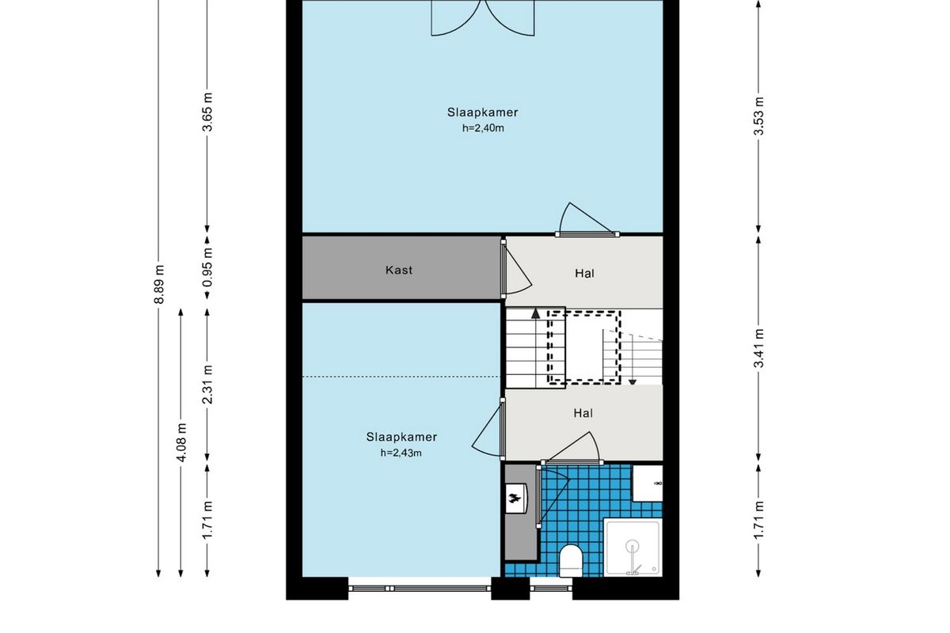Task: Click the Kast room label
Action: point(399,270)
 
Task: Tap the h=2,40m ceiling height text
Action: point(483,128)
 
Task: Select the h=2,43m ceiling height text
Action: point(401,453)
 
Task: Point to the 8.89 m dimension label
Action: point(158,284)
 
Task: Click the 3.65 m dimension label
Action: point(207,112)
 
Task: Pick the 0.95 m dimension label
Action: point(207,267)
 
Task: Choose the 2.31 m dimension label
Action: point(207,384)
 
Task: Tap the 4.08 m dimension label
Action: point(181,442)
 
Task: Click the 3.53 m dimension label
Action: point(758,116)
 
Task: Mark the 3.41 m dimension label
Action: point(758,348)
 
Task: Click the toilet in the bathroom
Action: point(571,560)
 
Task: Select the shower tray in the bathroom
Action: point(633,548)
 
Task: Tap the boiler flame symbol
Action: point(515,498)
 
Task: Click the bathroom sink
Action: point(648,483)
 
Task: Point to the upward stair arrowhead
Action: point(536,314)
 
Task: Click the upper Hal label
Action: point(584,274)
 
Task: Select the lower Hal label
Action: point(583,413)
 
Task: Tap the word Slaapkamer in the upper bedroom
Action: point(483,112)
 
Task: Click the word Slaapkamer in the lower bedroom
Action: point(401,437)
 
